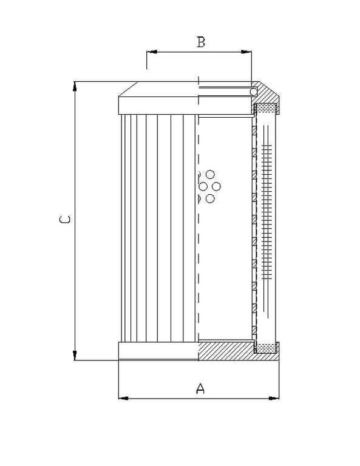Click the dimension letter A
point(201,388)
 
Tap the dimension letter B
point(201,42)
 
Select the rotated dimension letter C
point(65,220)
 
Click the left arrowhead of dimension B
point(152,52)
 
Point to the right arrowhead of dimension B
point(246,52)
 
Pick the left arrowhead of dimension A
point(124,398)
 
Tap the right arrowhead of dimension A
point(274,398)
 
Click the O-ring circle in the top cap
point(254,92)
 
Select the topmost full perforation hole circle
point(210,175)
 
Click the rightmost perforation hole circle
point(216,187)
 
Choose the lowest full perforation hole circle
point(210,198)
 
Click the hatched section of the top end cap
point(265,93)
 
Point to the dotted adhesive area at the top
point(266,108)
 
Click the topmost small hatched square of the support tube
point(254,130)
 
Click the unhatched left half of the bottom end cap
point(158,351)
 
